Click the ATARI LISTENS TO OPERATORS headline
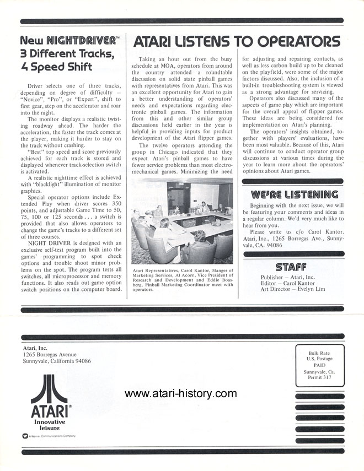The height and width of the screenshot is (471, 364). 237,41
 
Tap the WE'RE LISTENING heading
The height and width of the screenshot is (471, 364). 294,194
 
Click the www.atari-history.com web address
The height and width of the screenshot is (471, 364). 180,393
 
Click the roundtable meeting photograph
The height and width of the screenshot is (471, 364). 181,223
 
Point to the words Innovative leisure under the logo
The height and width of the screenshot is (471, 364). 49,424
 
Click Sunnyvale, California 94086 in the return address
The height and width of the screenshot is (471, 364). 57,361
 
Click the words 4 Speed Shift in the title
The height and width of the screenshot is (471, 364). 56,68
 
